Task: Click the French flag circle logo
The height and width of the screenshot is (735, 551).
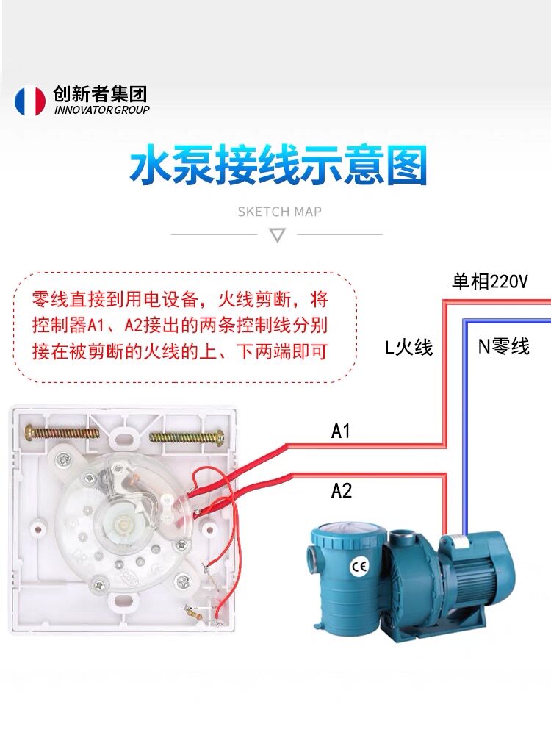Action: tap(30, 100)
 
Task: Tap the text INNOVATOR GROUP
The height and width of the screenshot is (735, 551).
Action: tap(101, 110)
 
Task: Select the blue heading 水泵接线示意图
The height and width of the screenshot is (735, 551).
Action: tap(278, 165)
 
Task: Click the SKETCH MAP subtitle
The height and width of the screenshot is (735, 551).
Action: tap(279, 212)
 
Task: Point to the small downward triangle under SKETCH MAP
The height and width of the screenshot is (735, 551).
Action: tap(278, 234)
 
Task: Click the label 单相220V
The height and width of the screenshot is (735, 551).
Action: tap(489, 282)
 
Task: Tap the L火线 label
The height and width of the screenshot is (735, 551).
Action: tap(408, 348)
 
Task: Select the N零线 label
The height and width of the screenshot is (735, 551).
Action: tap(504, 346)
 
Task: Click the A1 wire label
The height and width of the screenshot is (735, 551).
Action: tap(341, 431)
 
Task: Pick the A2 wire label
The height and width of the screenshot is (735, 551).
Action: tap(341, 490)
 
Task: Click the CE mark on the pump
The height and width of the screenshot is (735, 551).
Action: tap(360, 567)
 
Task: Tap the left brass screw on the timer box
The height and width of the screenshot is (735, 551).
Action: tap(62, 432)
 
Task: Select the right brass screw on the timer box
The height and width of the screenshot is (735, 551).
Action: tap(187, 439)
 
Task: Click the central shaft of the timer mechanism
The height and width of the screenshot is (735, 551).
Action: tap(124, 522)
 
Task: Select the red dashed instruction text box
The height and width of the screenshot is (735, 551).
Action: tap(184, 327)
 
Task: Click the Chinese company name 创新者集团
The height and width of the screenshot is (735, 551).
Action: tap(100, 94)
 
